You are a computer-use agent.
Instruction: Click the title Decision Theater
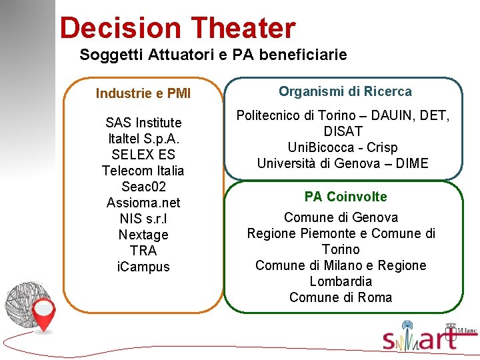pyautogui.click(x=177, y=28)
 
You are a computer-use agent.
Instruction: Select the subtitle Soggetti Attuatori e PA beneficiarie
pyautogui.click(x=213, y=55)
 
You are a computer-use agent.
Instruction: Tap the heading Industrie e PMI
pyautogui.click(x=143, y=93)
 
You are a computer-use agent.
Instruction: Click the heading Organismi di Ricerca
pyautogui.click(x=345, y=91)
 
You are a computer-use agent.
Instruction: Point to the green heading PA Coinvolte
pyautogui.click(x=345, y=197)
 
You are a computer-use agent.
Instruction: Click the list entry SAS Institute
pyautogui.click(x=143, y=123)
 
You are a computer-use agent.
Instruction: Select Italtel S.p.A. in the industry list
pyautogui.click(x=143, y=139)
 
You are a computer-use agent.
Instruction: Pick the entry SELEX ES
pyautogui.click(x=143, y=155)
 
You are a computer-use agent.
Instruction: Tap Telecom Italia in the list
pyautogui.click(x=143, y=171)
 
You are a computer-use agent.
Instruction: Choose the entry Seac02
pyautogui.click(x=143, y=187)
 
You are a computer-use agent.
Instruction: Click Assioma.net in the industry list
pyautogui.click(x=143, y=203)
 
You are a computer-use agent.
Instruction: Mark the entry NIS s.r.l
pyautogui.click(x=143, y=219)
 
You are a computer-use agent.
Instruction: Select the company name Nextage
pyautogui.click(x=143, y=235)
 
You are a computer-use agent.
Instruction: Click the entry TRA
pyautogui.click(x=143, y=251)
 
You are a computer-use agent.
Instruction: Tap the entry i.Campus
pyautogui.click(x=143, y=267)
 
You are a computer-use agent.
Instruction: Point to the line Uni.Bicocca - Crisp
pyautogui.click(x=343, y=147)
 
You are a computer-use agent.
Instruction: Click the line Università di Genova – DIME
pyautogui.click(x=343, y=163)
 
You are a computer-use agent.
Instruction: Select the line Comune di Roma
pyautogui.click(x=341, y=297)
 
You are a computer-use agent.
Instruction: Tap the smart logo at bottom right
pyautogui.click(x=427, y=338)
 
